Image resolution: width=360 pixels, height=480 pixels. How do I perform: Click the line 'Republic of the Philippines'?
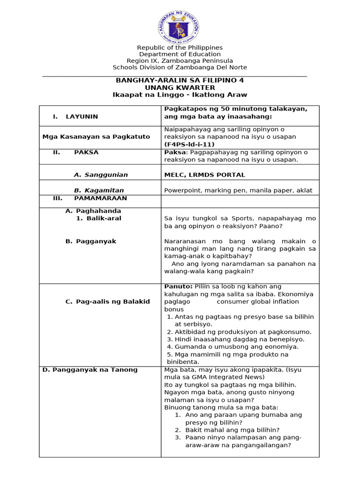point(180,48)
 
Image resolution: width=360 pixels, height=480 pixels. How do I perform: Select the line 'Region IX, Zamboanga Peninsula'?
point(180,61)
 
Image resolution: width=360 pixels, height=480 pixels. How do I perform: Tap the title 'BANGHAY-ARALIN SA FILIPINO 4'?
point(180,81)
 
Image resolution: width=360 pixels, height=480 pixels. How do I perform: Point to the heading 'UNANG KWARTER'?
point(180,88)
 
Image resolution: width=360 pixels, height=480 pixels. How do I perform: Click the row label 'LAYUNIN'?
point(82,117)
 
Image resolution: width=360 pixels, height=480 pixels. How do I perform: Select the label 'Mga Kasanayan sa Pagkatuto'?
point(96,137)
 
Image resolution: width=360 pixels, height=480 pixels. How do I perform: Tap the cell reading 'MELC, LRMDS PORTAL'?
point(204,175)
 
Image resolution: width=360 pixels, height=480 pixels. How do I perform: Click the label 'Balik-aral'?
point(104,218)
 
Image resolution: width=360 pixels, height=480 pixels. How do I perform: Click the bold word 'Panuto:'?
point(178,286)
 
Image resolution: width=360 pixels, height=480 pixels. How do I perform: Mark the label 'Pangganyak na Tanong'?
point(90,370)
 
